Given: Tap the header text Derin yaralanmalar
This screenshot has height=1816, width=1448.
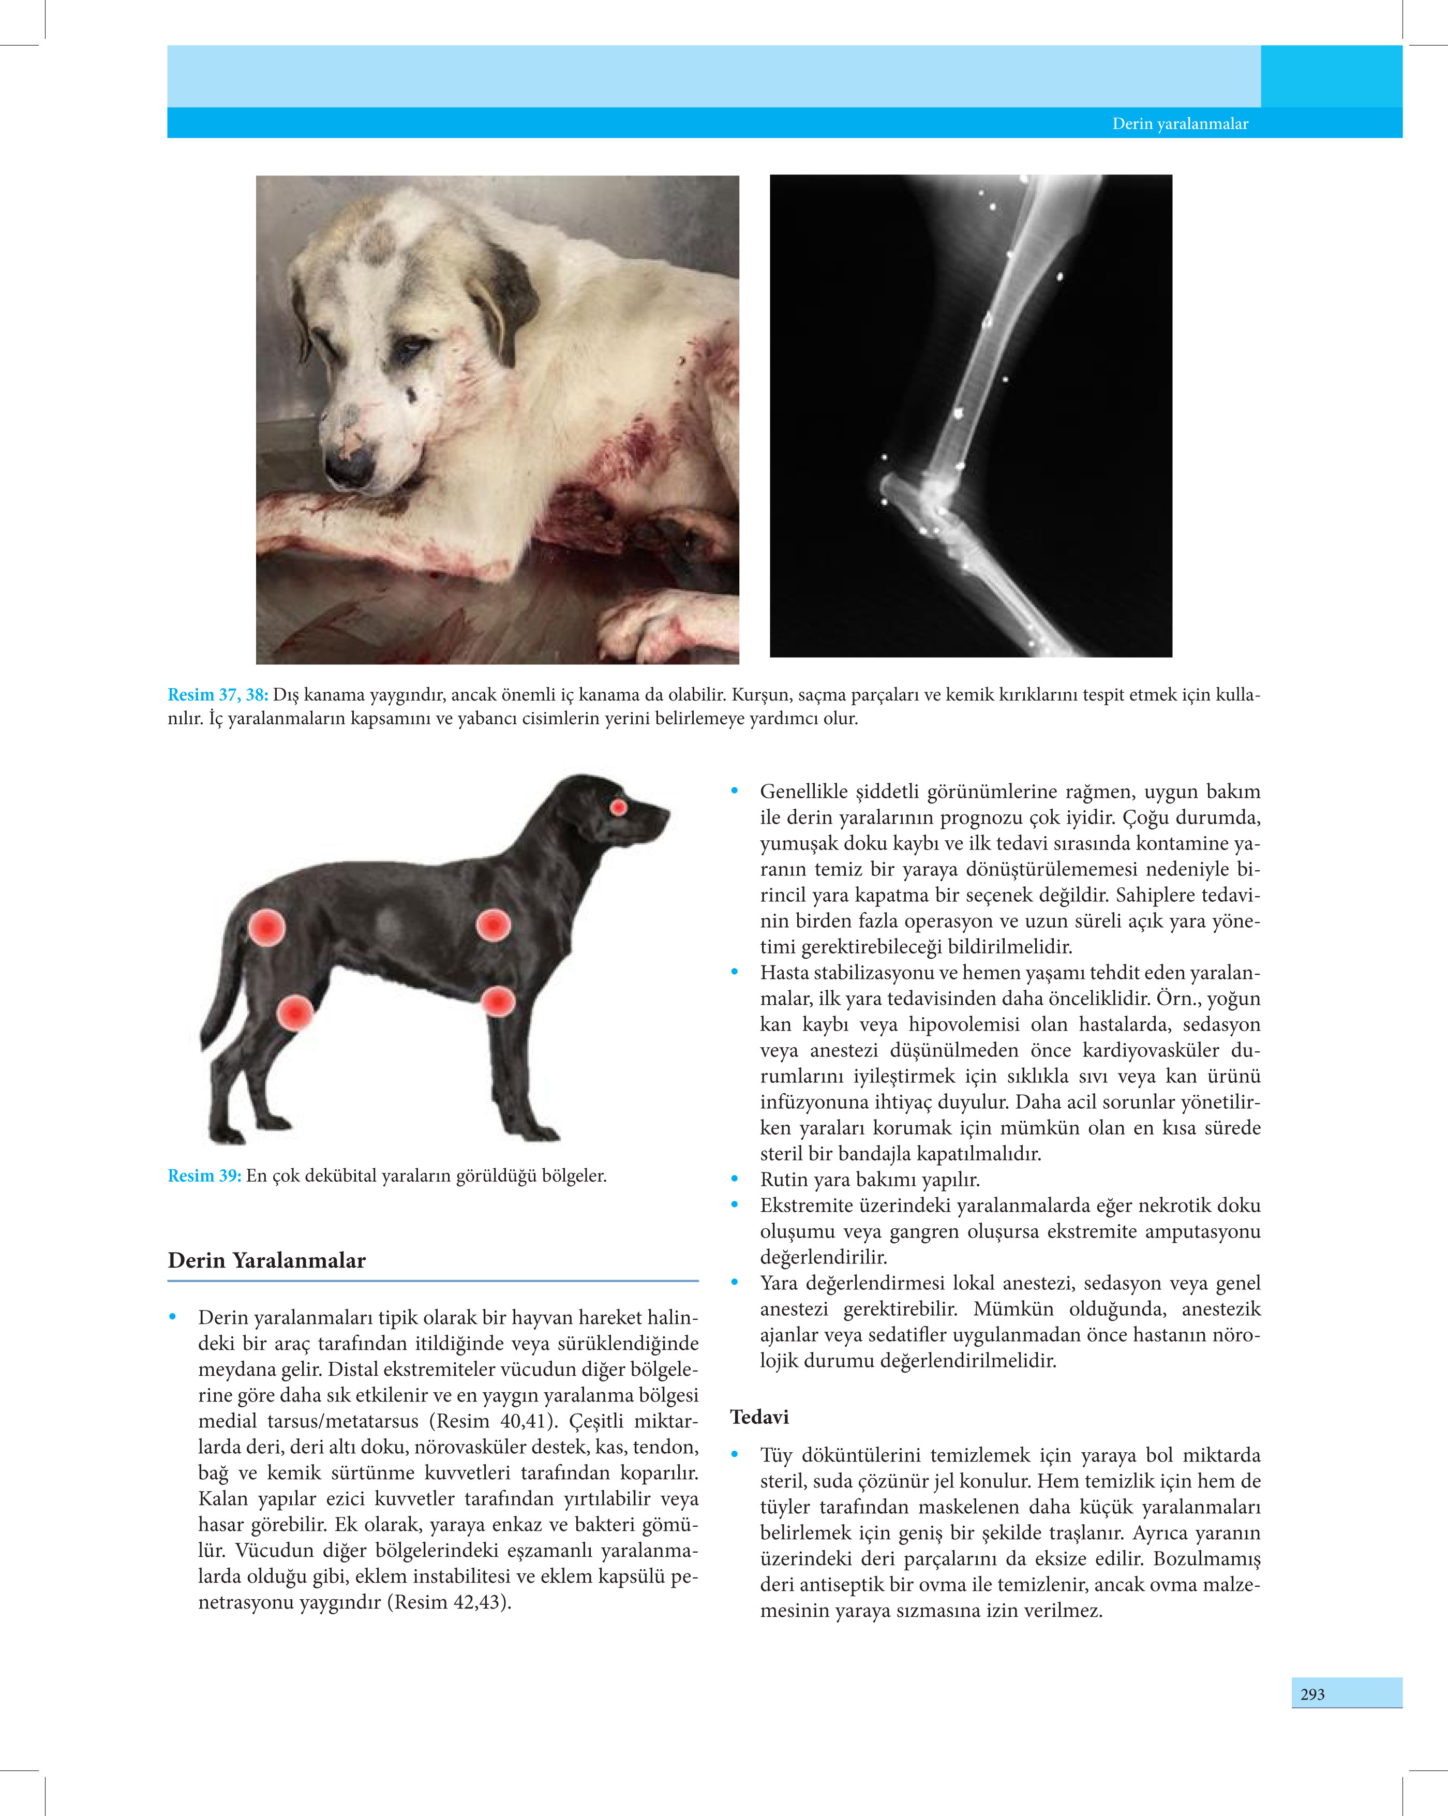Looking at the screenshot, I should [1180, 124].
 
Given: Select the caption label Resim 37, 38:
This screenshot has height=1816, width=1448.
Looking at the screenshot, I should [217, 695].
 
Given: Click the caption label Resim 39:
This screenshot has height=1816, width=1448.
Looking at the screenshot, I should [204, 1176].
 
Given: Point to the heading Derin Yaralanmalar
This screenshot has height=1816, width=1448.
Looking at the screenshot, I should [266, 1261].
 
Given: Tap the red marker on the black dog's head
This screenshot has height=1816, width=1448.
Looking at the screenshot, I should [618, 808].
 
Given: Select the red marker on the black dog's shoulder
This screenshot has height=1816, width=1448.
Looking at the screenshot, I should [493, 925].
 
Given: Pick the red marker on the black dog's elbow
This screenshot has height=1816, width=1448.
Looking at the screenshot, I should [498, 1002].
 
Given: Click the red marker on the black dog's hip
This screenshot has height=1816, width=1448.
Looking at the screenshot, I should [267, 927].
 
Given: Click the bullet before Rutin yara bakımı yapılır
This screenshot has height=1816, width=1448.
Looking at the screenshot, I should [735, 1179].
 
